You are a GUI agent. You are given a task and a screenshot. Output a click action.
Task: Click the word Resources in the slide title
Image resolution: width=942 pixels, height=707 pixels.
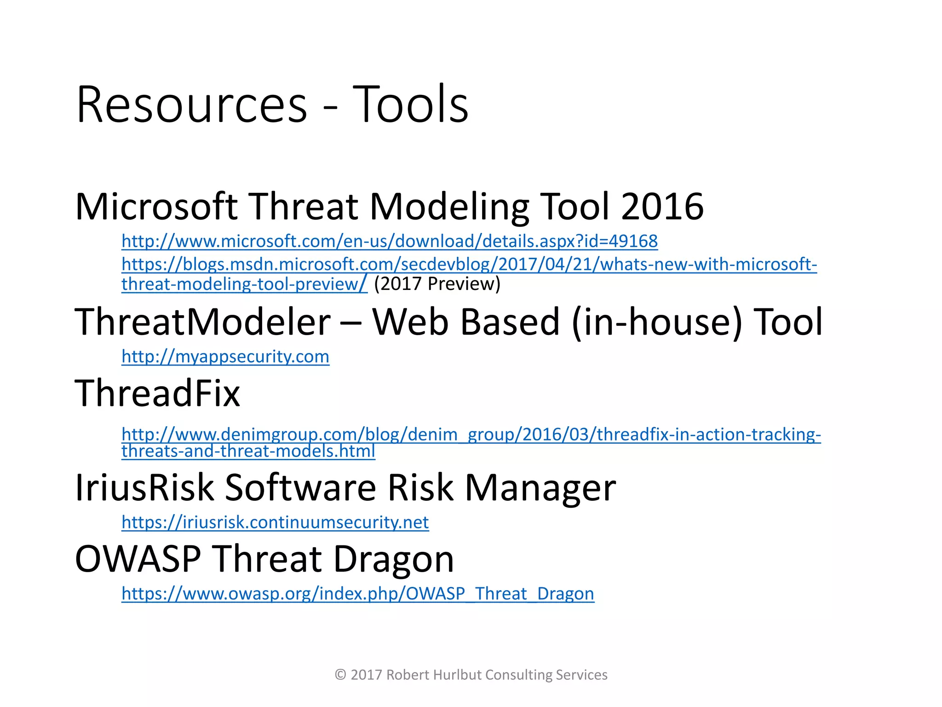191,104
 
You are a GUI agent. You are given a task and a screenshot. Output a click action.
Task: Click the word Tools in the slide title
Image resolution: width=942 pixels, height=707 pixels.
410,104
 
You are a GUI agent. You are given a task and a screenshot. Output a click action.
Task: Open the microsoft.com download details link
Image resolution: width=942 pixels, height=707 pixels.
389,241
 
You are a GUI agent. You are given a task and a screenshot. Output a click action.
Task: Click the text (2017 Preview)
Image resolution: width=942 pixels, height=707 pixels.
437,284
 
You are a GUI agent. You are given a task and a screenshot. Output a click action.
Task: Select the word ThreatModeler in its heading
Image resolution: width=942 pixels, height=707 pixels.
202,322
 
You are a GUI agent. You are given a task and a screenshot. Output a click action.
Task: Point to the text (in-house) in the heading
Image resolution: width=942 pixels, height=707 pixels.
657,322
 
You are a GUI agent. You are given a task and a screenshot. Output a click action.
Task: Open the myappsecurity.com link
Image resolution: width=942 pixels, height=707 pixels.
225,357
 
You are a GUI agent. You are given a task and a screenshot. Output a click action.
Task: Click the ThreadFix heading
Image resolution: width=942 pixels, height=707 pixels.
157,394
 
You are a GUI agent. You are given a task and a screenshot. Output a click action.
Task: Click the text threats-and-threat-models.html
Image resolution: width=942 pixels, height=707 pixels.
248,451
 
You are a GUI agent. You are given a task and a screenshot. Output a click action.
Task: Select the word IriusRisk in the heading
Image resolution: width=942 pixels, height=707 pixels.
144,487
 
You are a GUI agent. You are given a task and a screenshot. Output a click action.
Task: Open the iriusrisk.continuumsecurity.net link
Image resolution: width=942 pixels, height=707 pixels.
275,522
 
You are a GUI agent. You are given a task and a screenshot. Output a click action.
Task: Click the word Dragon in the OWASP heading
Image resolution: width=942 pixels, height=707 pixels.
393,559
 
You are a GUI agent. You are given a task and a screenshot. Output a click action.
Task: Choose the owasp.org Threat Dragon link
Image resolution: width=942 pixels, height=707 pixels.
357,594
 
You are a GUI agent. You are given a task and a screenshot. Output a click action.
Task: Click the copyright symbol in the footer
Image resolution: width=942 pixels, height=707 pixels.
340,675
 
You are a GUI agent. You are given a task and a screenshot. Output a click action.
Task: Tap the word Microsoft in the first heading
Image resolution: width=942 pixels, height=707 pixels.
156,207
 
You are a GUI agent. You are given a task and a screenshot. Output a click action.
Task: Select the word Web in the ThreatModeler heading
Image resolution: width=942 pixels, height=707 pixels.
410,322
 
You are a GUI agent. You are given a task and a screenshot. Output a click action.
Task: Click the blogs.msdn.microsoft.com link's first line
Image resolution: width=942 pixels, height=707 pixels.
469,265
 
